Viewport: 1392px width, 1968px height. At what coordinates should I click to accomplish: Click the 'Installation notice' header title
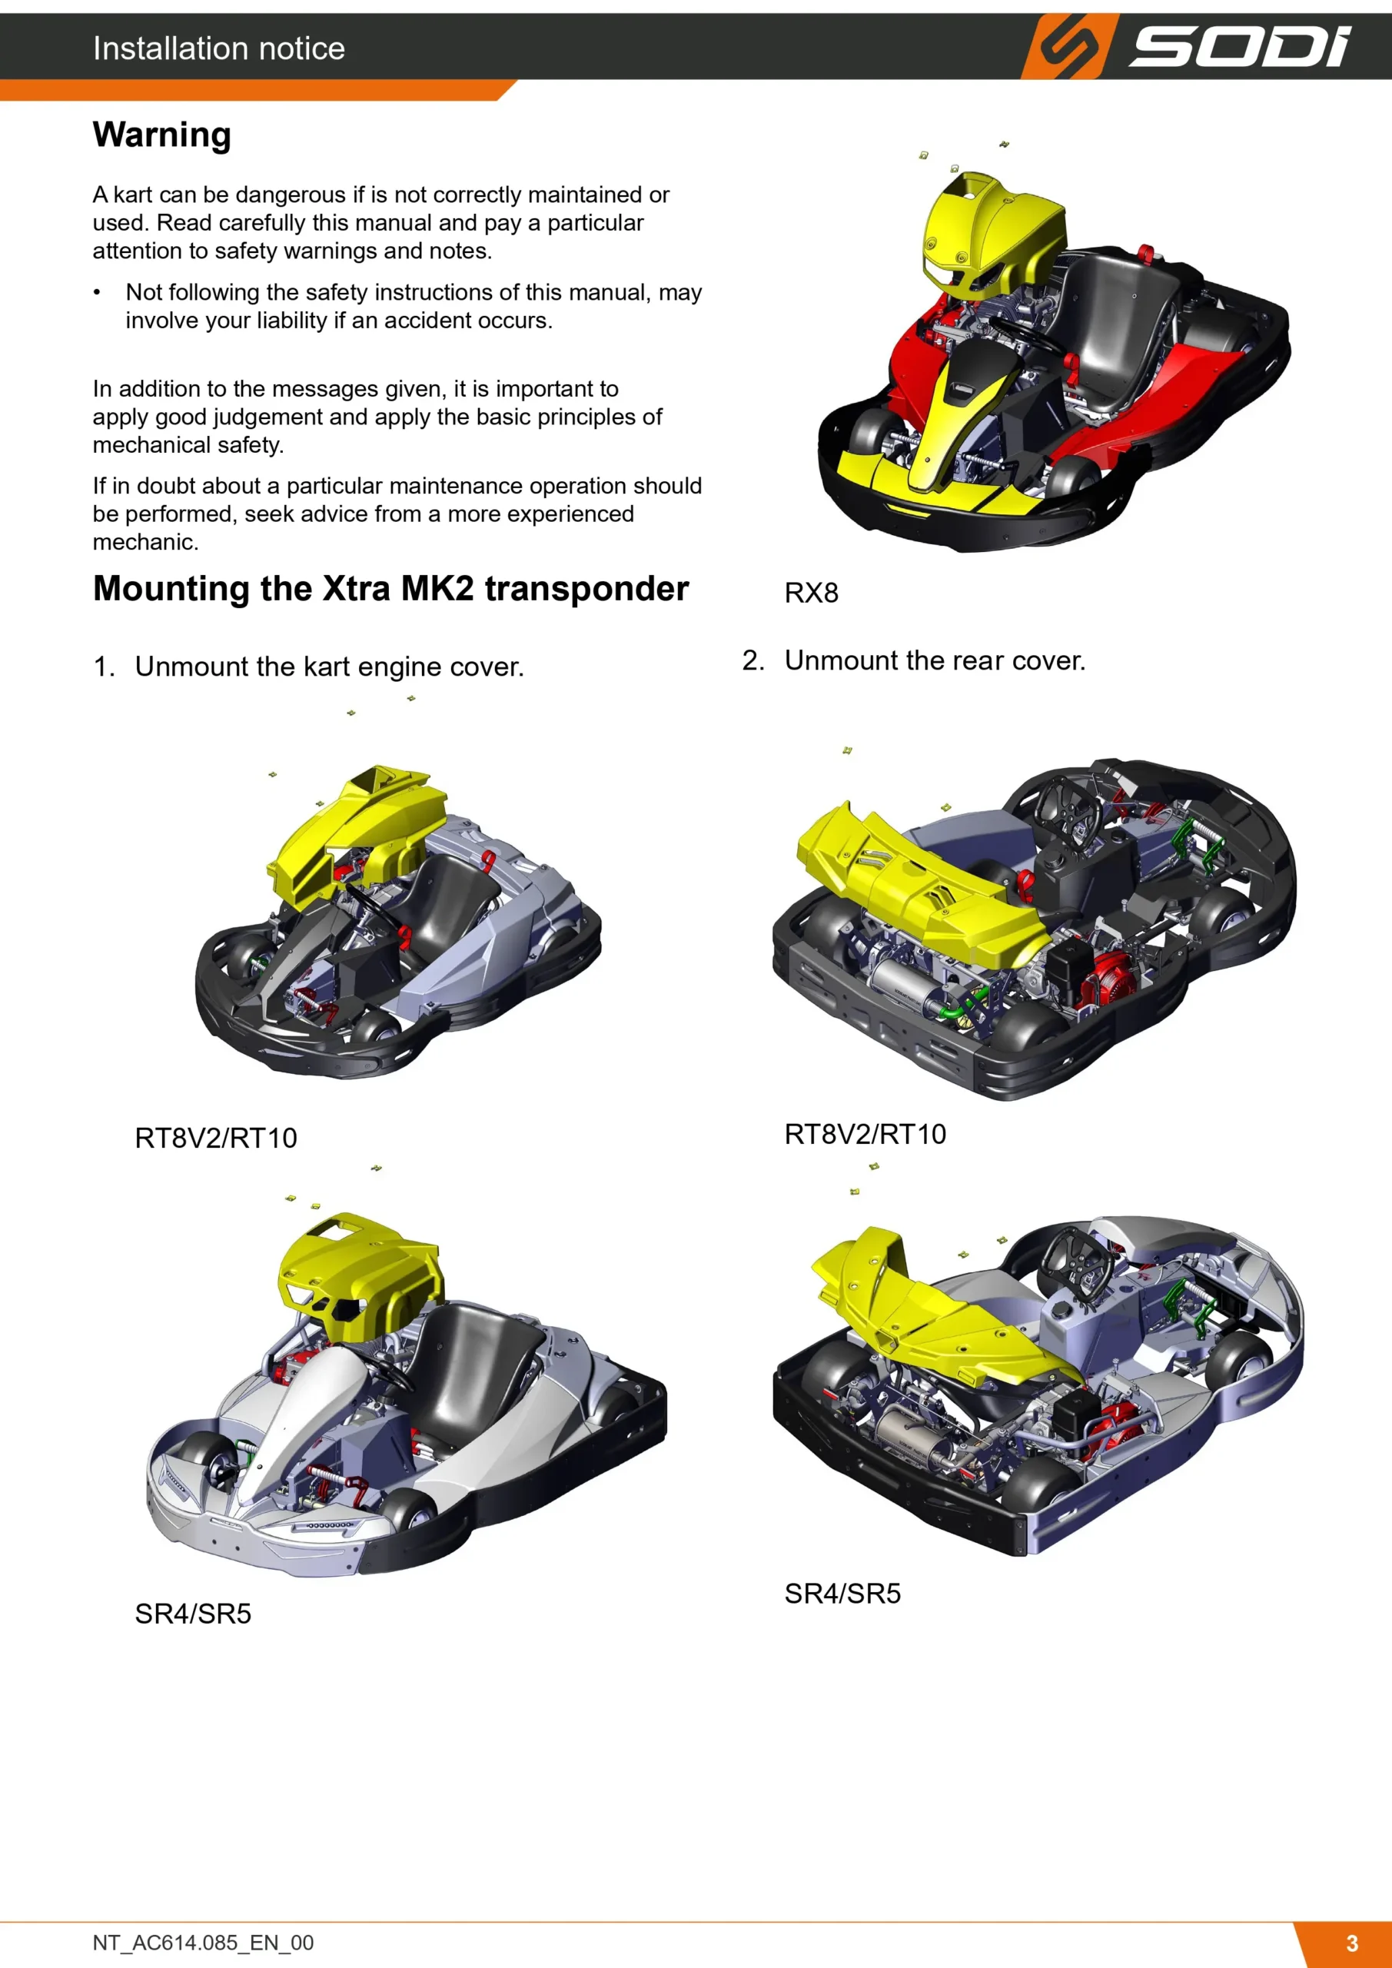218,48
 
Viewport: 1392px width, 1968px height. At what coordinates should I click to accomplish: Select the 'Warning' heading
162,135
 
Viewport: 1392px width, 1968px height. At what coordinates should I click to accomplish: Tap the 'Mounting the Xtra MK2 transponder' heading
391,589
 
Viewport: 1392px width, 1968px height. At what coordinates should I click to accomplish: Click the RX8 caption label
811,593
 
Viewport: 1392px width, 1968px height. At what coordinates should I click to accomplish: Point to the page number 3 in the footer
1352,1943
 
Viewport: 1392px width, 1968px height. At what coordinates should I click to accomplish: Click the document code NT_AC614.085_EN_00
203,1943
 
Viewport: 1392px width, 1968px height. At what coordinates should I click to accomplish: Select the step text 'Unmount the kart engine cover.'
329,667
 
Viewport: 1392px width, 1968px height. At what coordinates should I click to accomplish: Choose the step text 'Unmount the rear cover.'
935,661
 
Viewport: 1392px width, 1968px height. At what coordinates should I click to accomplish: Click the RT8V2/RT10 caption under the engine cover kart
216,1139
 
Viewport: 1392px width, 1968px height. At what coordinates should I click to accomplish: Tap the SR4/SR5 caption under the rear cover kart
842,1594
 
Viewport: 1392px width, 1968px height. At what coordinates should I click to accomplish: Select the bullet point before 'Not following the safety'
97,293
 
